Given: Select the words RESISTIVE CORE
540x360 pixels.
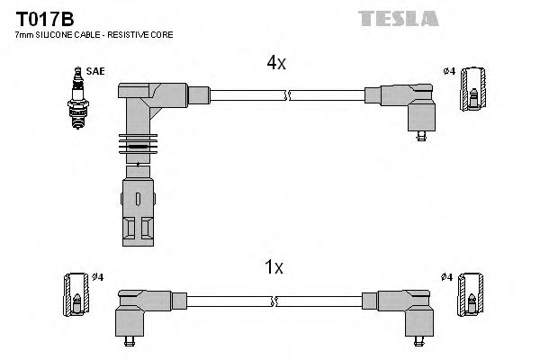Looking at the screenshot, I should click(x=143, y=34).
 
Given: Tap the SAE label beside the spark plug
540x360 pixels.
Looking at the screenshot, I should click(x=94, y=70).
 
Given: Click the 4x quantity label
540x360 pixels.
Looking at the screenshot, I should click(x=275, y=63).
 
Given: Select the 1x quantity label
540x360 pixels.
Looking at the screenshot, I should click(x=275, y=266).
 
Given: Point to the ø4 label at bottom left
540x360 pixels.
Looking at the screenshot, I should click(x=97, y=276).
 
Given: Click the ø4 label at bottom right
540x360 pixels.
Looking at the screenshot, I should click(x=447, y=276).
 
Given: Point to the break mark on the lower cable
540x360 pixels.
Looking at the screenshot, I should click(x=287, y=300).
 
